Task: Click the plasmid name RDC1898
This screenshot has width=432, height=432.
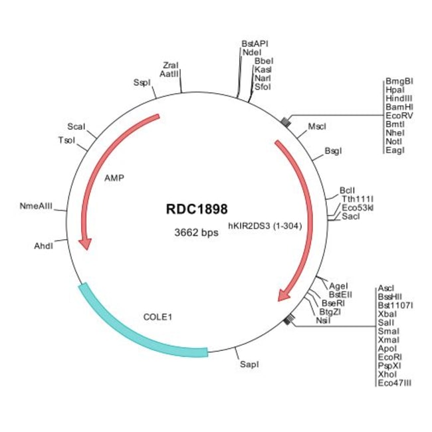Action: tap(197, 209)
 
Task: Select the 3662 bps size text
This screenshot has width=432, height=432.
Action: tap(196, 233)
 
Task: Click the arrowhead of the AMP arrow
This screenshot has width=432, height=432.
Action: tap(86, 244)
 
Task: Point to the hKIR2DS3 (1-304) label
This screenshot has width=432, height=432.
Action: tap(265, 226)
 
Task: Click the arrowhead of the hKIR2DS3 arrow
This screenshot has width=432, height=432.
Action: tap(284, 295)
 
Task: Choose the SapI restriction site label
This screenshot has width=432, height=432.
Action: tap(249, 364)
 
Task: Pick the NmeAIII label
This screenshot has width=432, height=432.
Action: tap(36, 206)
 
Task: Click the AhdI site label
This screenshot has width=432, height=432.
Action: tap(43, 246)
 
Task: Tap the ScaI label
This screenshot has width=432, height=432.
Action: tap(76, 126)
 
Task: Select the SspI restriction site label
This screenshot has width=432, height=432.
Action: tap(142, 82)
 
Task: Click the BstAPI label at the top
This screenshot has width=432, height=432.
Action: tap(255, 43)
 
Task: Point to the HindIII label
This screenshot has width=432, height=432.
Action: tap(399, 98)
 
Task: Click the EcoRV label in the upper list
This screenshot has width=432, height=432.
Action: tap(399, 116)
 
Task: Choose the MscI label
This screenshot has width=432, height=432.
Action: tap(317, 126)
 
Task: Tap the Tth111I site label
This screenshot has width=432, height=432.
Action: tap(358, 199)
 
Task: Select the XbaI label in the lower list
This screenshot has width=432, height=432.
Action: tap(387, 314)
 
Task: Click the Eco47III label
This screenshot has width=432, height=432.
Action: tap(395, 383)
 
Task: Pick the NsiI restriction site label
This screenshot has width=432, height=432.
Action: tap(323, 320)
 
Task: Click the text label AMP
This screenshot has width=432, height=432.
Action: tap(114, 178)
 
